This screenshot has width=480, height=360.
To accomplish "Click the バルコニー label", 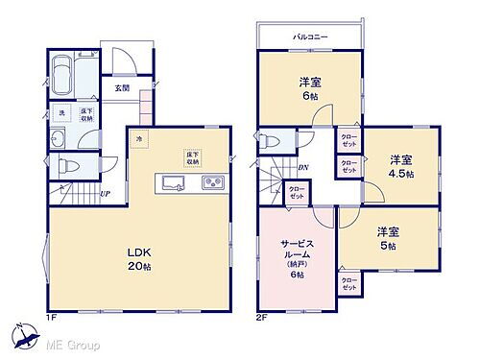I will pos(310,37).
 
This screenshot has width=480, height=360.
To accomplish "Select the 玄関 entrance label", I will pos(123,88).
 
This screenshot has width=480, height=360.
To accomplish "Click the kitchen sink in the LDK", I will pos(175,182).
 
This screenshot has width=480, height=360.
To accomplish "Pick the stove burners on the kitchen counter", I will pos(211,182).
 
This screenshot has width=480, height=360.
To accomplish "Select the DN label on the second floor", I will pos(302,168).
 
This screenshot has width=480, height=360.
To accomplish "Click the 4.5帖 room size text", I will pos(402,175).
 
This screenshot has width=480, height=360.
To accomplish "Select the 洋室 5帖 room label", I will pos(388,238).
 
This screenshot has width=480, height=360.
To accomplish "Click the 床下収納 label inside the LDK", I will pos(192,157).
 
